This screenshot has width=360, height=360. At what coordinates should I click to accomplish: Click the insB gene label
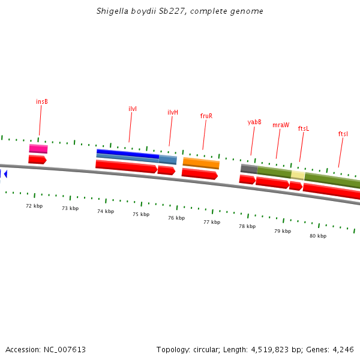(x=42, y=101)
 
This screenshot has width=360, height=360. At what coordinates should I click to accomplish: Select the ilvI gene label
(x=133, y=109)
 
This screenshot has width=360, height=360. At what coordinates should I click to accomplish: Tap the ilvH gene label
(x=173, y=112)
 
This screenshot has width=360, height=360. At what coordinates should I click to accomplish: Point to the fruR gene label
(x=206, y=116)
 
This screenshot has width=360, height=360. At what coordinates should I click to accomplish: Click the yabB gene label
(x=254, y=122)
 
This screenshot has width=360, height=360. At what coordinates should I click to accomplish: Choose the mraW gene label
(x=281, y=125)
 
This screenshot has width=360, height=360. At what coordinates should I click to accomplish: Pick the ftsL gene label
(x=304, y=128)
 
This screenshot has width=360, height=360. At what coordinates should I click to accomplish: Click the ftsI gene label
(x=343, y=134)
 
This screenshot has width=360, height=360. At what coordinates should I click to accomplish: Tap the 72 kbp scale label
(x=34, y=206)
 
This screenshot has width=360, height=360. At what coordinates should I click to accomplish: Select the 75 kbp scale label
(x=141, y=214)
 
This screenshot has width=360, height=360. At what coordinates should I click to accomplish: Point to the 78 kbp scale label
(x=247, y=226)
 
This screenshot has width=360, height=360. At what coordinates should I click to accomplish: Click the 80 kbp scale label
(x=318, y=236)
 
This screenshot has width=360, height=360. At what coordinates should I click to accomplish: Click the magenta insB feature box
(x=38, y=149)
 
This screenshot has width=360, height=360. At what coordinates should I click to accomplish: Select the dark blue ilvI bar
(x=128, y=154)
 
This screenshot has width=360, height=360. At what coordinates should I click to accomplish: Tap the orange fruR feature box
(x=201, y=163)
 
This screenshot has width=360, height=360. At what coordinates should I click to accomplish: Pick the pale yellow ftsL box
(x=298, y=175)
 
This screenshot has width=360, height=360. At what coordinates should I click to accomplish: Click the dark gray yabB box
(x=249, y=169)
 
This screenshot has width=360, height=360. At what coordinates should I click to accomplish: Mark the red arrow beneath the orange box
(x=200, y=174)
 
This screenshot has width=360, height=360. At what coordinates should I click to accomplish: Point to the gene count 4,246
(x=341, y=349)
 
